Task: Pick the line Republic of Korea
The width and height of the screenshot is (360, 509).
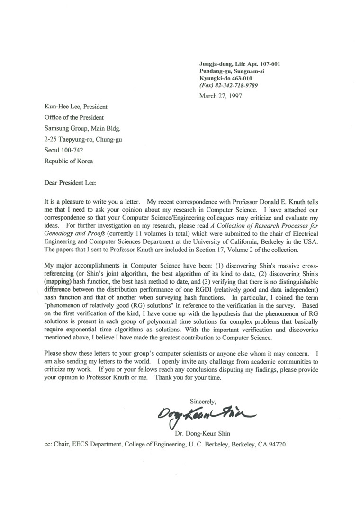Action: click(x=69, y=161)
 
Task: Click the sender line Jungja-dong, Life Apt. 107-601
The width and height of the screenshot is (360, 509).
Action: click(x=242, y=63)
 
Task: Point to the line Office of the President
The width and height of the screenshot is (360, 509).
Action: click(x=74, y=118)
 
